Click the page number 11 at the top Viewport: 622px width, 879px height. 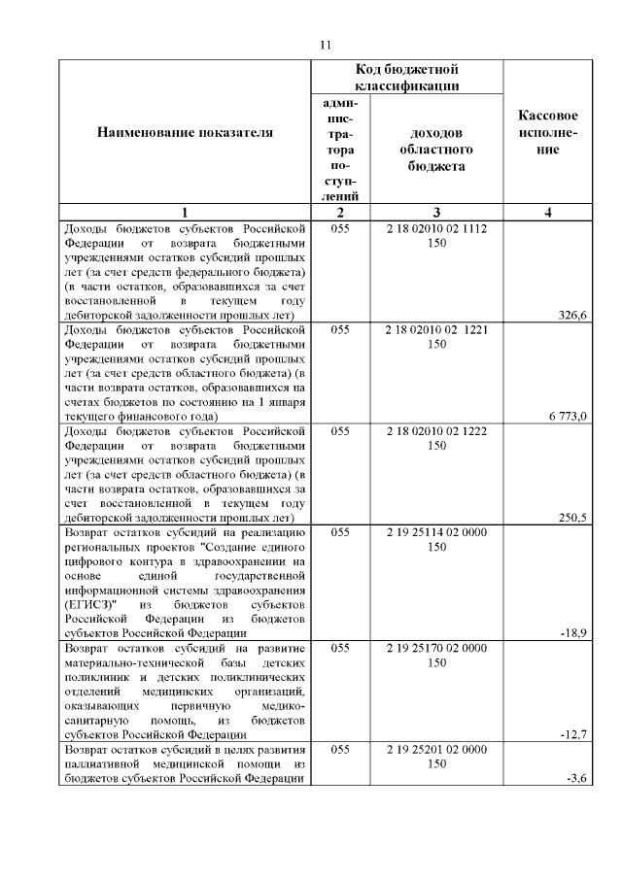pyautogui.click(x=325, y=45)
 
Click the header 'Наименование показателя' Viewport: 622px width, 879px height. pyautogui.click(x=184, y=132)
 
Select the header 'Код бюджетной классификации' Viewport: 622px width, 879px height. pyautogui.click(x=406, y=78)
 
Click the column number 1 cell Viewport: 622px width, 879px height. pyautogui.click(x=184, y=213)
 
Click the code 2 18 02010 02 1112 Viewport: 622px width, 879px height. pyautogui.click(x=436, y=228)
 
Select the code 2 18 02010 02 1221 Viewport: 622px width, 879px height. pyautogui.click(x=436, y=329)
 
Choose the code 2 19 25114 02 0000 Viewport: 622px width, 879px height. pyautogui.click(x=436, y=532)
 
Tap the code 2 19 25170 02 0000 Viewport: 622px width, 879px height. pyautogui.click(x=436, y=648)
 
